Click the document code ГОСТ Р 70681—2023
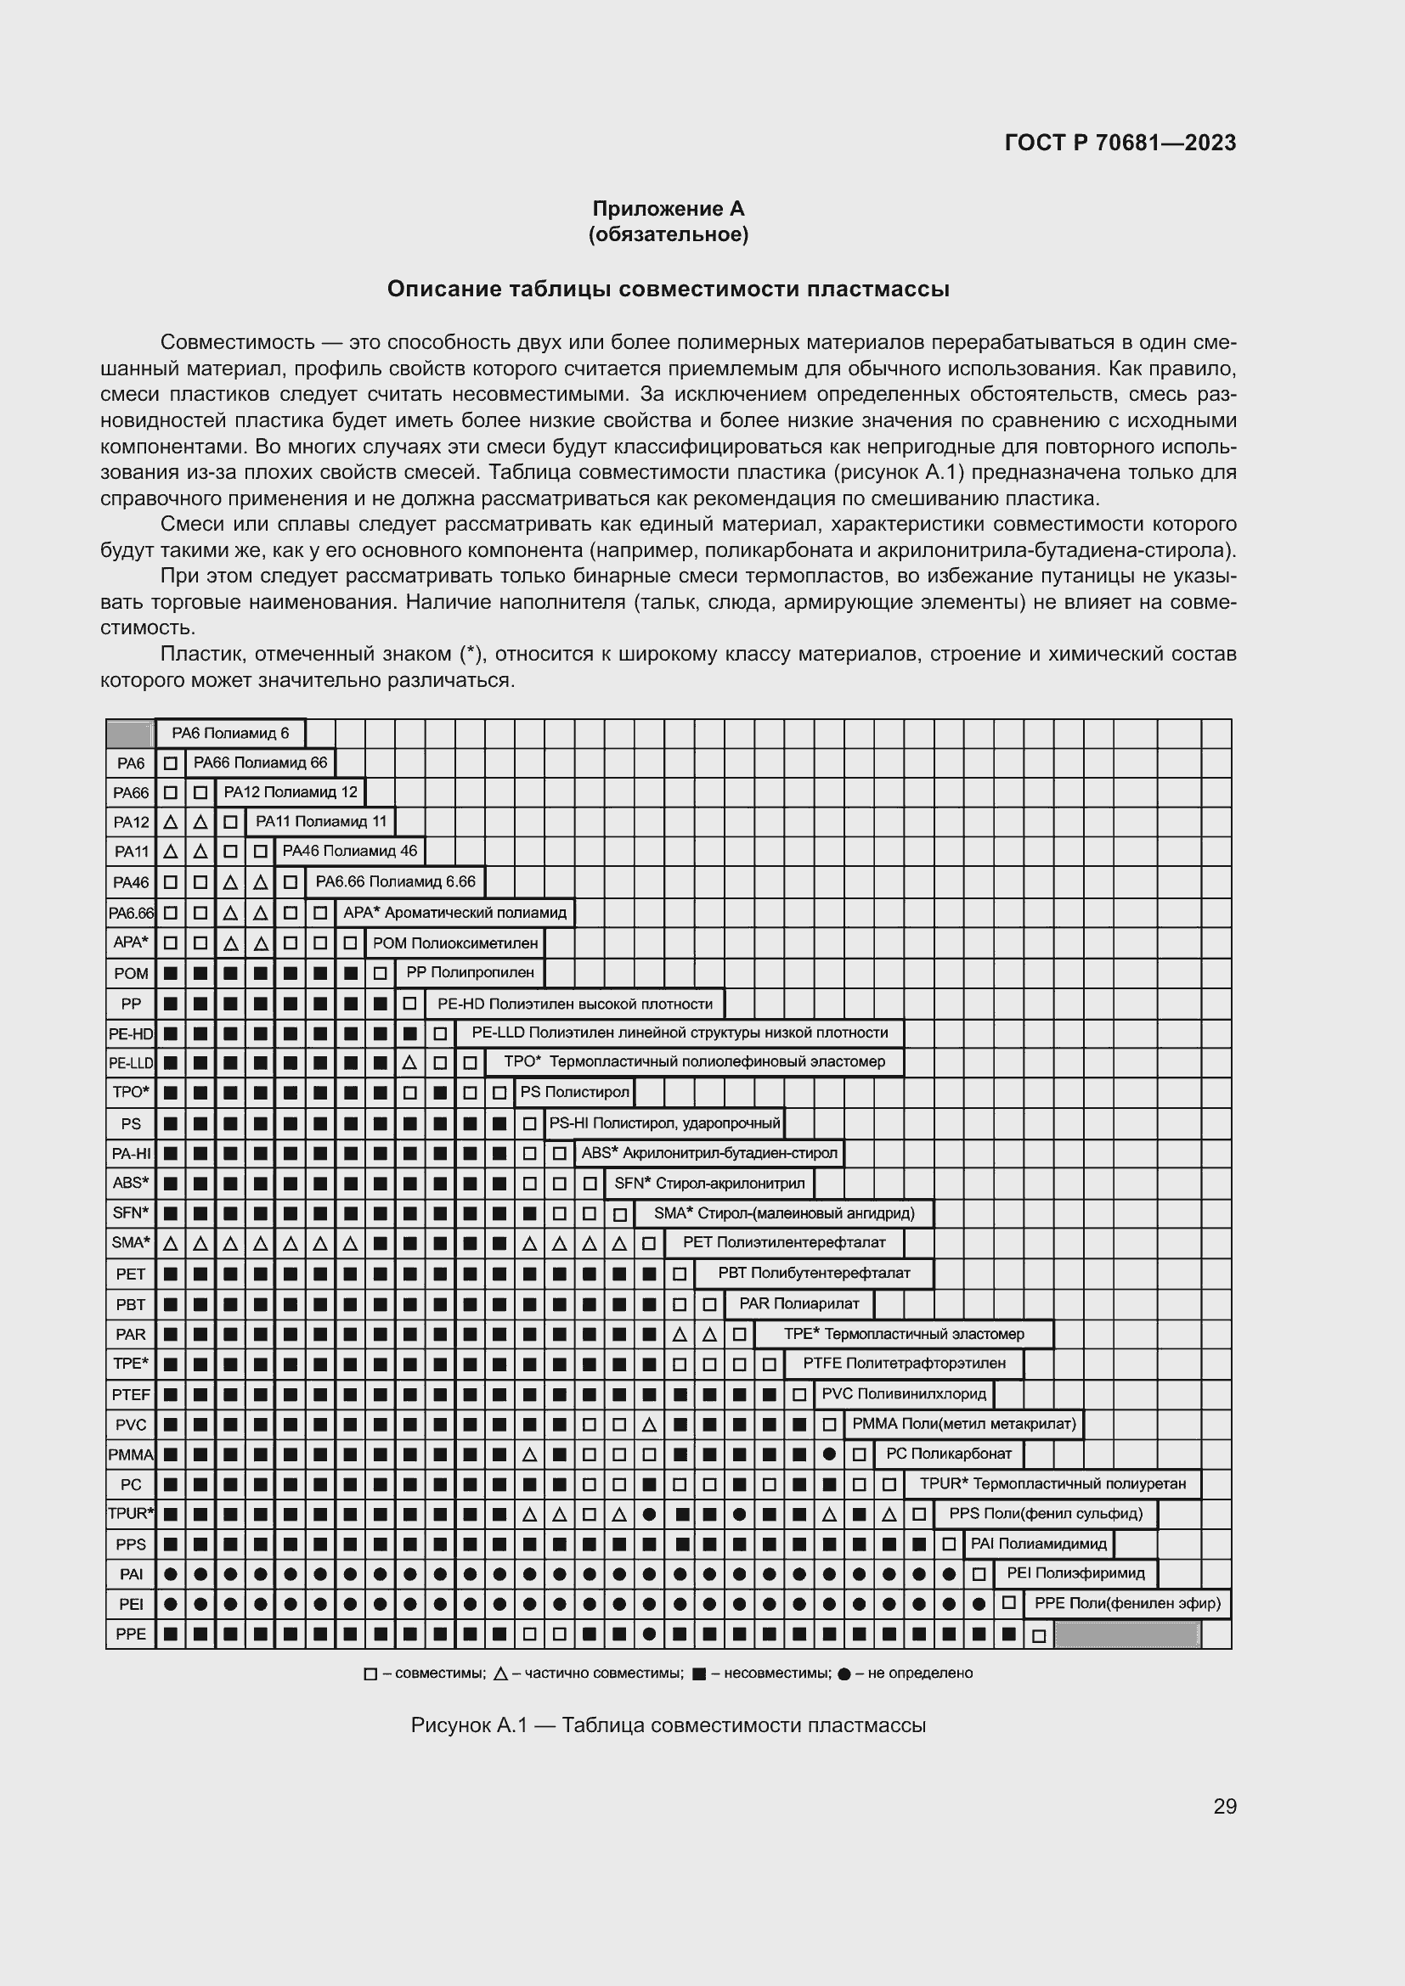pos(1120,143)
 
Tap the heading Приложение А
pos(668,209)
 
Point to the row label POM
pos(131,973)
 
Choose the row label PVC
pos(131,1425)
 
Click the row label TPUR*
pos(131,1514)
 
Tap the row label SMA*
pos(131,1243)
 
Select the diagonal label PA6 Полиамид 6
pos(230,734)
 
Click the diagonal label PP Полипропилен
pos(471,972)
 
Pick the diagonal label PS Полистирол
pos(574,1093)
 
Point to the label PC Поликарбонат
pos(948,1454)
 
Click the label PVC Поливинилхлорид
pos(903,1394)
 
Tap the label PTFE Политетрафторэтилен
pos(904,1364)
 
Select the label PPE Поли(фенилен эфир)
pos(1126,1604)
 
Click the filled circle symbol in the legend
pos(844,1674)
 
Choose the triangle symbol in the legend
pos(501,1674)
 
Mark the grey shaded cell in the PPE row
pos(1126,1634)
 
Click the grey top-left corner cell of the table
pos(130,734)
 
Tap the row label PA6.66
pos(131,914)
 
